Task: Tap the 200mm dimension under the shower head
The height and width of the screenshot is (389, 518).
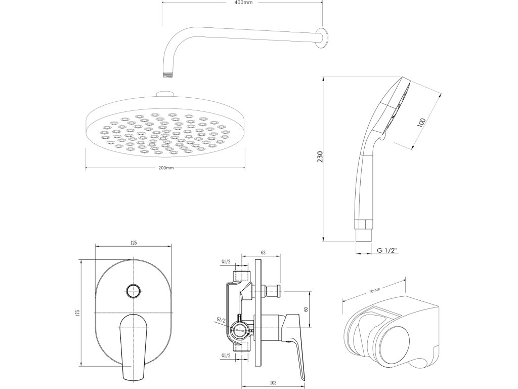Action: pyautogui.click(x=165, y=168)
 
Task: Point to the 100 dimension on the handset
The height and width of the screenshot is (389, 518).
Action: pyautogui.click(x=422, y=123)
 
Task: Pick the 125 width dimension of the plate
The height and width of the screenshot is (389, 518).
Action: pyautogui.click(x=134, y=243)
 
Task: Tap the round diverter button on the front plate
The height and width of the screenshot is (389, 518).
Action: pyautogui.click(x=133, y=290)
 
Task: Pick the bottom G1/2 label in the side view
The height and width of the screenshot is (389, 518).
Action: pyautogui.click(x=226, y=356)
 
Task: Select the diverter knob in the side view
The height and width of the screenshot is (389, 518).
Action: pyautogui.click(x=275, y=291)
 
